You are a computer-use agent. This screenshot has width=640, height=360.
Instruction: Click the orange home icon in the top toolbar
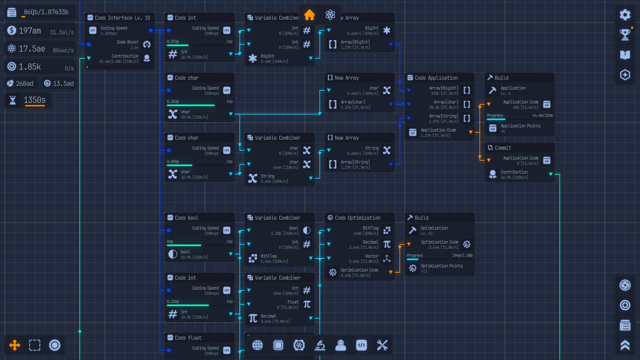click(309, 15)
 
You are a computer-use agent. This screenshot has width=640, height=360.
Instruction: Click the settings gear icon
click(625, 15)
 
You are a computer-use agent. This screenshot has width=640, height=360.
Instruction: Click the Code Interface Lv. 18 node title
click(122, 18)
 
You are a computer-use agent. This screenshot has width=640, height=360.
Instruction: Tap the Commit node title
click(503, 148)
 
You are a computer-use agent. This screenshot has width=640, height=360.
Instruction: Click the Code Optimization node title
click(357, 218)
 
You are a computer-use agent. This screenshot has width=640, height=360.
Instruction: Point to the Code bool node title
click(186, 218)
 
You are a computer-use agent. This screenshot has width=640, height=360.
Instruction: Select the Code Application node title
click(436, 78)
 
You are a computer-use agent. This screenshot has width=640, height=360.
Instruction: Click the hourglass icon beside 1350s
click(13, 100)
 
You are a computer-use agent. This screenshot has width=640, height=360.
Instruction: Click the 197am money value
click(30, 31)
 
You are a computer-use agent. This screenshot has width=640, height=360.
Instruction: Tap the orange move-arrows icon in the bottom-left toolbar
click(15, 345)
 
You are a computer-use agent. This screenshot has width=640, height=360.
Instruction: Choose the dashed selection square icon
click(35, 345)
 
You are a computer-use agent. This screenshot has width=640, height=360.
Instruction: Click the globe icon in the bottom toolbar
click(257, 345)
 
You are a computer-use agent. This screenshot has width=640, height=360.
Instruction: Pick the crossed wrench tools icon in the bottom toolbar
click(382, 345)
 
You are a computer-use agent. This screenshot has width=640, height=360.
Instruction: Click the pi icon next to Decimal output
click(253, 319)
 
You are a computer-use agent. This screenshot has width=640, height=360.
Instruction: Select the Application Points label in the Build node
click(520, 126)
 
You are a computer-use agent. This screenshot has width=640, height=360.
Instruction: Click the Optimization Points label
click(441, 266)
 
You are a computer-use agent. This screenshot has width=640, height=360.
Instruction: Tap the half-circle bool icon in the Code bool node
click(173, 254)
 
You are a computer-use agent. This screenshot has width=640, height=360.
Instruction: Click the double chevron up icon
click(625, 345)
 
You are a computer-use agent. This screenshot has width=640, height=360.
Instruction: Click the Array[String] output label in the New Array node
click(355, 162)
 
